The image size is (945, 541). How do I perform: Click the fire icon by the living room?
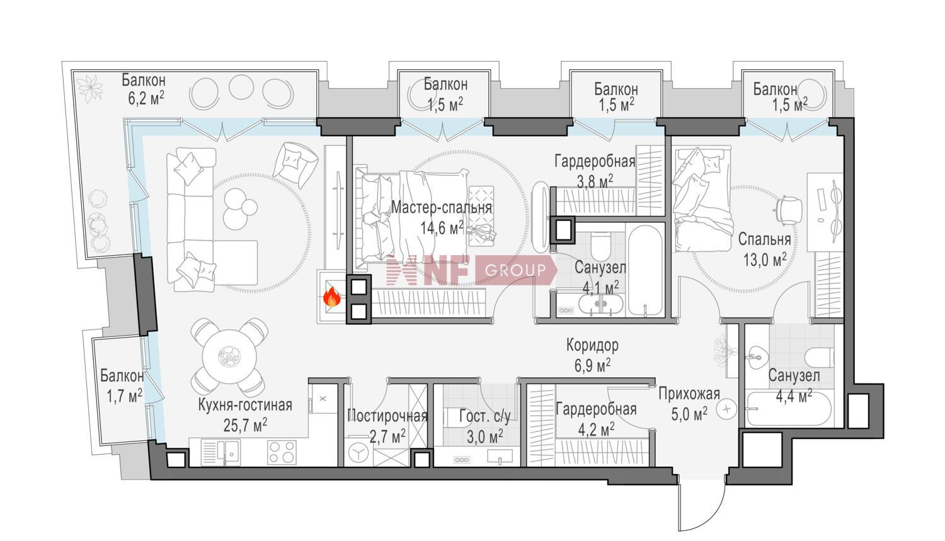pos(332,297)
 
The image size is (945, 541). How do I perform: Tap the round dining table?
pos(229,356)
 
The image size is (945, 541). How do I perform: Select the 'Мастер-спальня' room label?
pos(442,207)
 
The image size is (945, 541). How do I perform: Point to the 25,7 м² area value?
pos(245,426)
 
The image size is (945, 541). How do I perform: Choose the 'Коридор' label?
pos(592,345)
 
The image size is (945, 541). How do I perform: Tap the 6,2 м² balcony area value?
pos(146,99)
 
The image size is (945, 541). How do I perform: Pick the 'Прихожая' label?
pos(689,395)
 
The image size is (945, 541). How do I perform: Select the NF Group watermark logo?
pos(471,270)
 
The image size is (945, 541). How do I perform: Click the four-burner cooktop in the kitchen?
pos(282,452)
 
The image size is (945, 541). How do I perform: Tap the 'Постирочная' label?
pos(387,416)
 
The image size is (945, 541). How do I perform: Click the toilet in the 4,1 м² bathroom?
pos(601,247)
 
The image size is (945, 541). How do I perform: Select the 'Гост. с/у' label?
pos(484,416)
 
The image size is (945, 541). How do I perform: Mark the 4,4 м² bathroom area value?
pos(794,396)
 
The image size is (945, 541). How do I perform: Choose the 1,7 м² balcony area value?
pos(124,396)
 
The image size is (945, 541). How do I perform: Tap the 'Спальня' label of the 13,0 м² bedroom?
pos(764,239)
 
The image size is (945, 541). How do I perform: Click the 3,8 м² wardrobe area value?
pos(595,182)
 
